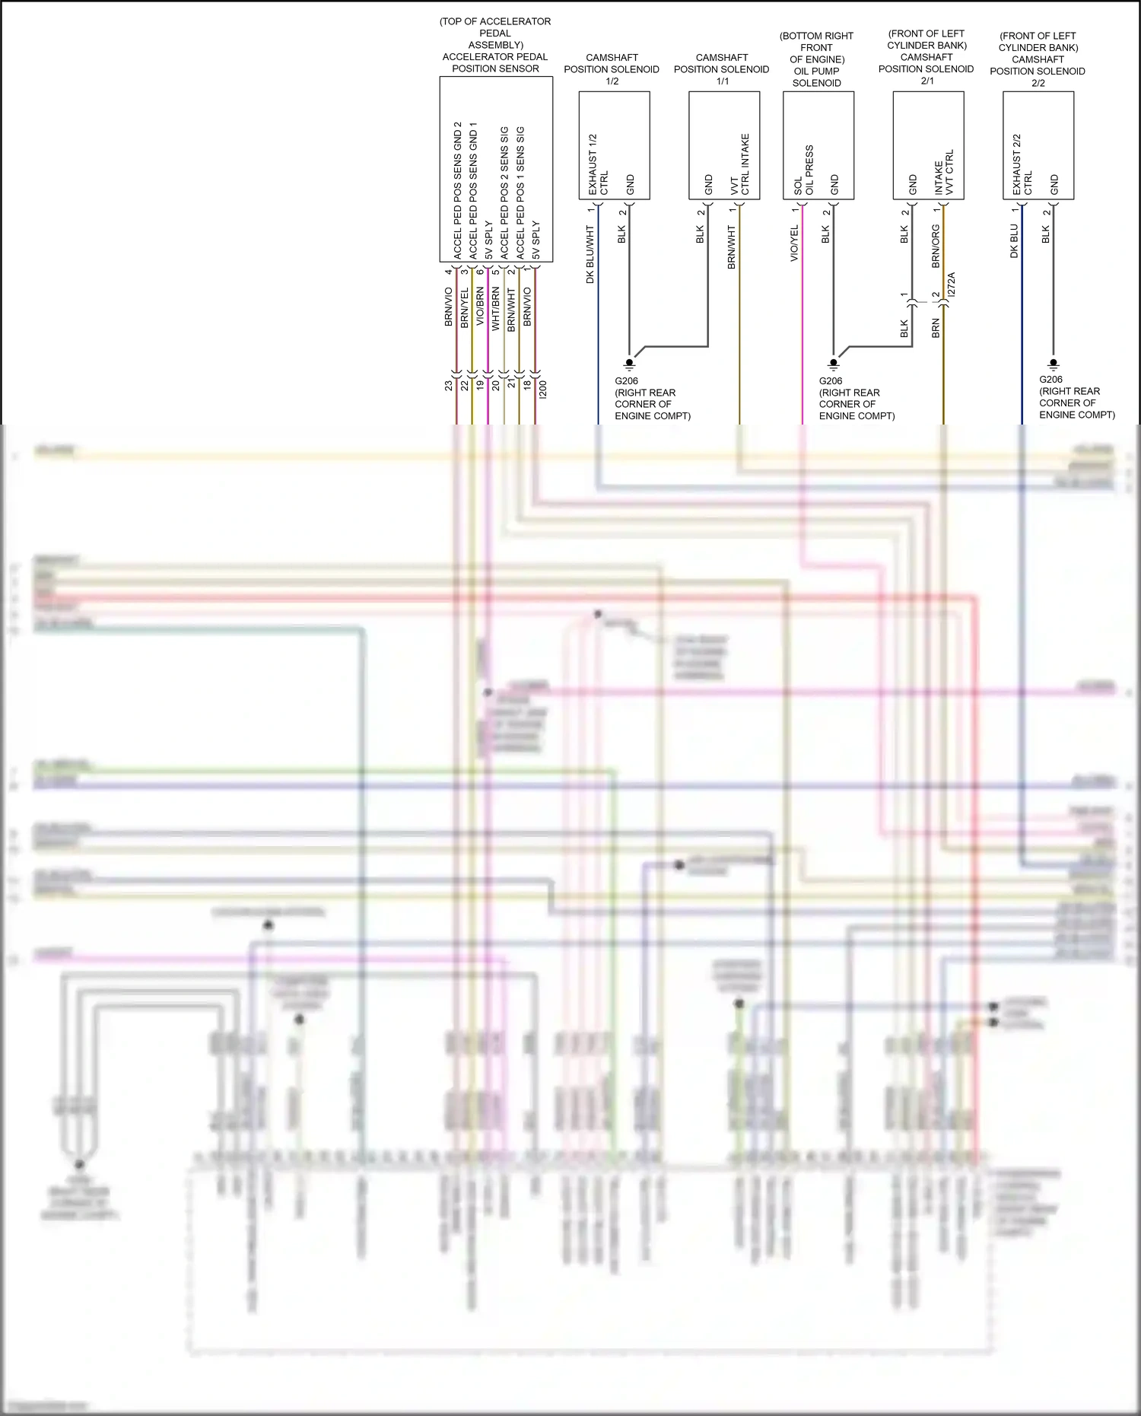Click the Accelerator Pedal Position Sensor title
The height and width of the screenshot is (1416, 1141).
coord(495,62)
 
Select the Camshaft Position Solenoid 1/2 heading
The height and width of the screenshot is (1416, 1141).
coord(612,68)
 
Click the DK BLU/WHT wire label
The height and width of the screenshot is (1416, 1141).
coord(590,254)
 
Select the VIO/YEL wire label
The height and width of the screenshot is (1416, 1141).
coord(794,243)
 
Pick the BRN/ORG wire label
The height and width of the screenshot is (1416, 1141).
coord(936,246)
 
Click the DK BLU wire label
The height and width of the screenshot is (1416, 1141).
coord(1014,240)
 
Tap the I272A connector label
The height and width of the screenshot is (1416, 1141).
coord(952,285)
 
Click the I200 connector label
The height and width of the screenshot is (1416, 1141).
coord(542,390)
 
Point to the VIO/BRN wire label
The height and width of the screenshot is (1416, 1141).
coord(480,307)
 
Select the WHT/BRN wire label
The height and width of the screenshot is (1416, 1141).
coord(496,308)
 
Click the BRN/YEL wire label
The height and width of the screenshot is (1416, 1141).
coord(464,308)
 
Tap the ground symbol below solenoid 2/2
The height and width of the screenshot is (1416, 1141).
coord(1054,364)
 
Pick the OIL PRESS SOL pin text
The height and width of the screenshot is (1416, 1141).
coord(803,170)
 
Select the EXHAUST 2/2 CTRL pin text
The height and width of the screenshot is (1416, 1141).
coord(1022,164)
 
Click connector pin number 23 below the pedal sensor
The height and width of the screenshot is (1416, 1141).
coord(449,386)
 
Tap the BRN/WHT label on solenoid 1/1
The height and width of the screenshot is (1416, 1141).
coord(732,247)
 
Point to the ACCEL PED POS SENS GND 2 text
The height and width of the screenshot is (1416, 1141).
coord(457,190)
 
